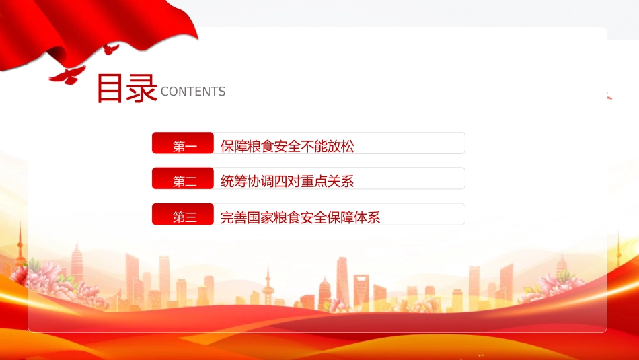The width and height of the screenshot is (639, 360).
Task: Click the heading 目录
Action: pyautogui.click(x=126, y=87)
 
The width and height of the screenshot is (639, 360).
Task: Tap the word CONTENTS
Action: pyautogui.click(x=193, y=92)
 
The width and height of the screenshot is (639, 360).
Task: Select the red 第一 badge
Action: pyautogui.click(x=182, y=143)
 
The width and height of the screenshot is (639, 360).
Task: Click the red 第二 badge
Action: pyautogui.click(x=182, y=178)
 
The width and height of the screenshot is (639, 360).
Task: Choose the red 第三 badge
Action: pyautogui.click(x=182, y=214)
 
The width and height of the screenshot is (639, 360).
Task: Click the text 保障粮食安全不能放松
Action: pyautogui.click(x=287, y=147)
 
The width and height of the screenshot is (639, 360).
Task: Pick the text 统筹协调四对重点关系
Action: pyautogui.click(x=287, y=182)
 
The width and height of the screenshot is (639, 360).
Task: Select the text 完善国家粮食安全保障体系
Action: pyautogui.click(x=301, y=217)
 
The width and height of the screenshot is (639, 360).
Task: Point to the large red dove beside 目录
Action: pyautogui.click(x=68, y=75)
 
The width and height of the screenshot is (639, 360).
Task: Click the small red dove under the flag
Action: pyautogui.click(x=110, y=49)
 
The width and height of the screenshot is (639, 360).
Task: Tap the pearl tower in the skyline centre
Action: pyautogui.click(x=268, y=285)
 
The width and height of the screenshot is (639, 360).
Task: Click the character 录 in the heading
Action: pyautogui.click(x=141, y=87)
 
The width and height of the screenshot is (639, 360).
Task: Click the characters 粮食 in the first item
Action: pyautogui.click(x=260, y=147)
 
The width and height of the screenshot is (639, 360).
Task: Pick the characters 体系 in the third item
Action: pyautogui.click(x=367, y=217)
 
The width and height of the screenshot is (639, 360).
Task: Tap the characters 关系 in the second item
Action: pyautogui.click(x=341, y=182)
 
